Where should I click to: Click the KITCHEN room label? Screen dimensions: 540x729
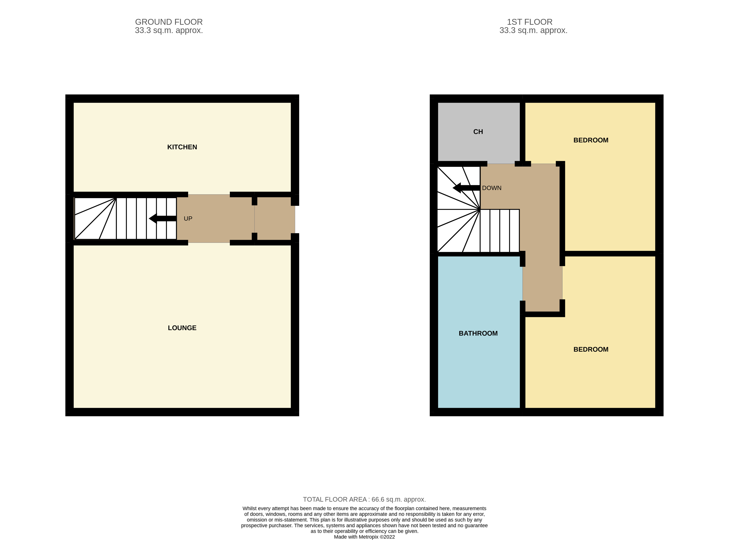click(x=182, y=147)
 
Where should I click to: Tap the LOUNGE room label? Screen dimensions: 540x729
click(x=182, y=328)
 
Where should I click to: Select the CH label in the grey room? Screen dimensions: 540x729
click(x=478, y=132)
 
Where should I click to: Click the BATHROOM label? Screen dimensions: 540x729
click(x=478, y=333)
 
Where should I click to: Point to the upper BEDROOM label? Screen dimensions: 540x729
click(x=591, y=140)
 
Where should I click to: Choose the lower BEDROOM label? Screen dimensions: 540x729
click(x=591, y=349)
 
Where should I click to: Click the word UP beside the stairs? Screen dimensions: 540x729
click(x=188, y=219)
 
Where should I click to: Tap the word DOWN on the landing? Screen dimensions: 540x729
click(x=492, y=188)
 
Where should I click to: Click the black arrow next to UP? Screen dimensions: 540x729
click(x=163, y=218)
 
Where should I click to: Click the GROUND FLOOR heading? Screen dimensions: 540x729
click(x=169, y=22)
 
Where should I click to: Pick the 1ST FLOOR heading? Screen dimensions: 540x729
click(x=530, y=22)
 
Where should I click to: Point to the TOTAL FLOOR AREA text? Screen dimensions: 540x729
click(x=364, y=499)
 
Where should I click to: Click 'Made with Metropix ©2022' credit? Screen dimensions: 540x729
click(x=364, y=537)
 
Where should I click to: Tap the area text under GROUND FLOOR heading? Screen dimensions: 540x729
click(x=169, y=30)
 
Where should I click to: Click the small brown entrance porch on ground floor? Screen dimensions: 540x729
click(x=275, y=218)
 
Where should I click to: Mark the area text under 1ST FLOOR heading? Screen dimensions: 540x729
click(x=533, y=30)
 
